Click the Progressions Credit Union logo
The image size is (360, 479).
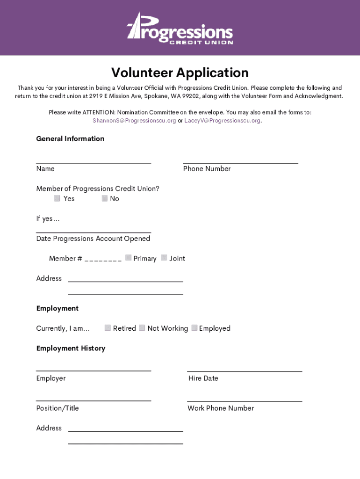pyautogui.click(x=180, y=29)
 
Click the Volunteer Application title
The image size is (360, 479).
pyautogui.click(x=180, y=73)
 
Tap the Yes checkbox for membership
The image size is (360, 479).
pyautogui.click(x=57, y=198)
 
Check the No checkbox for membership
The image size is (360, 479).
pyautogui.click(x=105, y=198)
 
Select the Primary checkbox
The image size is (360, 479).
pyautogui.click(x=128, y=258)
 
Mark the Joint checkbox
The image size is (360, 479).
pyautogui.click(x=164, y=258)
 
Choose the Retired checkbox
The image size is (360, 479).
pyautogui.click(x=108, y=328)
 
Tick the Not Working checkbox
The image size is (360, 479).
pyautogui.click(x=142, y=328)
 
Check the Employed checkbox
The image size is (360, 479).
pyautogui.click(x=194, y=328)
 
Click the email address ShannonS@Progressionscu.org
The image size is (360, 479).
pyautogui.click(x=134, y=121)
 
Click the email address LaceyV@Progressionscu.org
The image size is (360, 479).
pyautogui.click(x=223, y=121)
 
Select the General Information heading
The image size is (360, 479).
pyautogui.click(x=70, y=139)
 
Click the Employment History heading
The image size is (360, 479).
pyautogui.click(x=71, y=348)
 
